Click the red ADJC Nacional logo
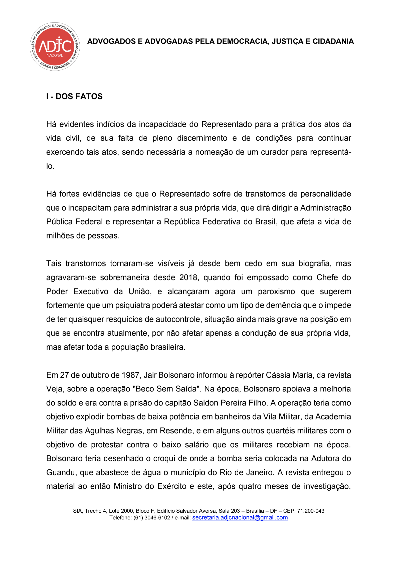pyautogui.click(x=55, y=46)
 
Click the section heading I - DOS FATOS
pyautogui.click(x=74, y=96)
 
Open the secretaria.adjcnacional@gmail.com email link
pyautogui.click(x=240, y=517)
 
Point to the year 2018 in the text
pyautogui.click(x=188, y=277)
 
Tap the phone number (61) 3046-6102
pyautogui.click(x=152, y=518)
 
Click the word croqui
pyautogui.click(x=164, y=458)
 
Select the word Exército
pyautogui.click(x=172, y=486)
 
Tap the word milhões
pyautogui.click(x=60, y=236)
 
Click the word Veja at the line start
pyautogui.click(x=54, y=389)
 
